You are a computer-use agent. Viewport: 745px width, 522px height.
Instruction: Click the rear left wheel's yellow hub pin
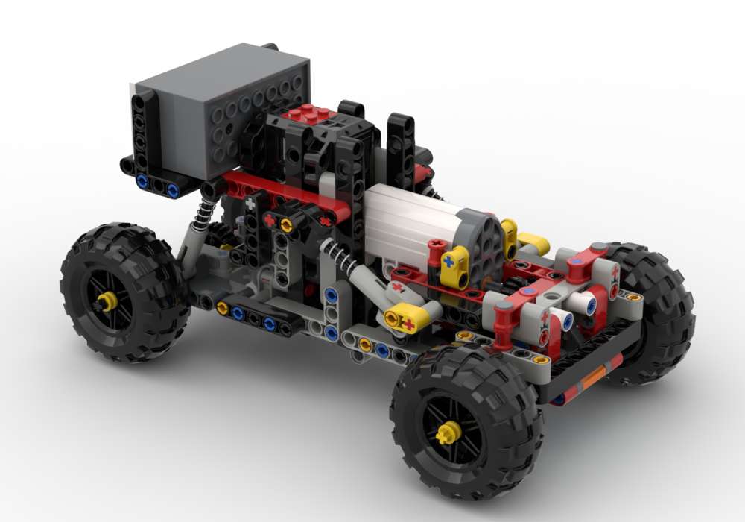pos(107,301)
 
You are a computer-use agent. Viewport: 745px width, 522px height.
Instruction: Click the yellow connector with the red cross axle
pos(406,321)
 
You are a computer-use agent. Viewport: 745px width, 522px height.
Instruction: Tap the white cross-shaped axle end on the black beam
pos(251,203)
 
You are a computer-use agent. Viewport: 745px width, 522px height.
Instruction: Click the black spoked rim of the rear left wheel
pos(123,298)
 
